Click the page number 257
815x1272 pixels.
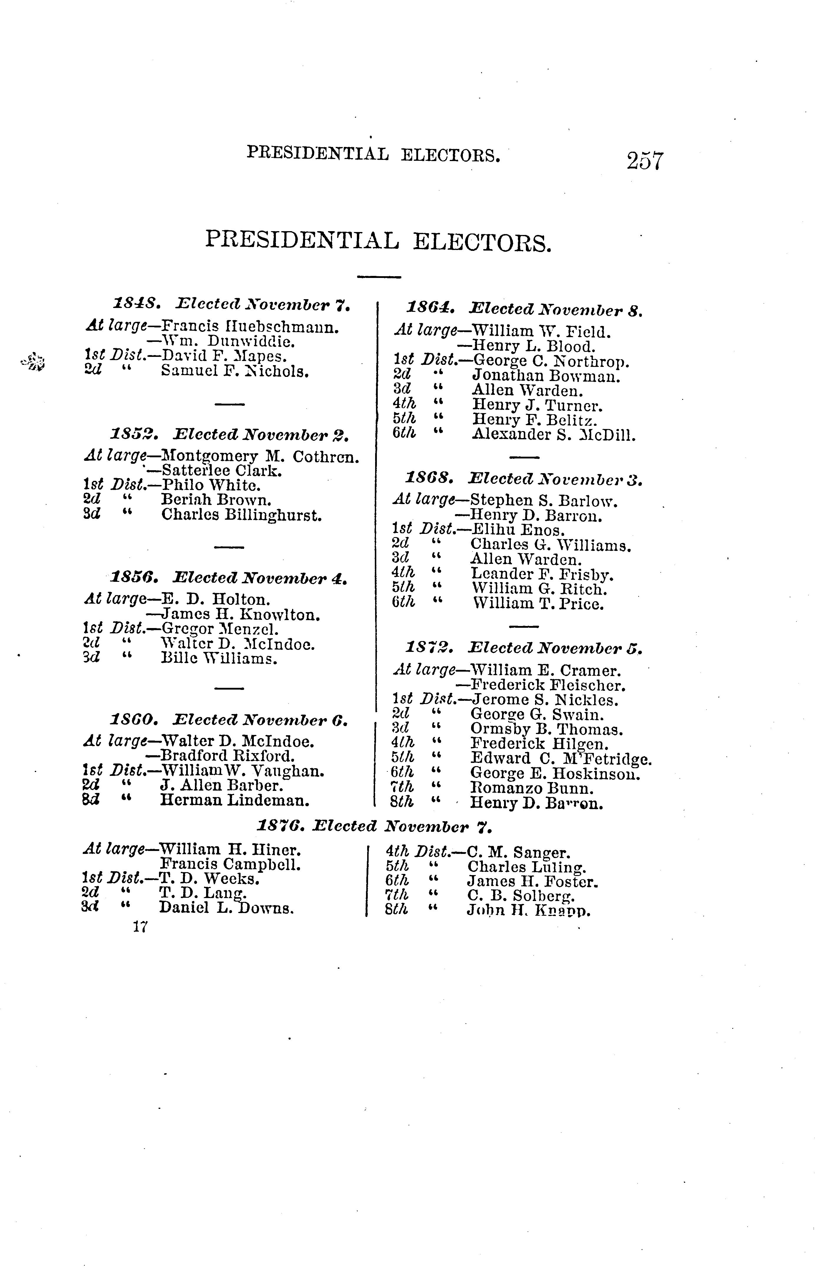point(645,160)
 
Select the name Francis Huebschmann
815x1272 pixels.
point(249,327)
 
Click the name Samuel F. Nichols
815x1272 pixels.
point(235,371)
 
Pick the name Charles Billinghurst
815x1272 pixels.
point(241,515)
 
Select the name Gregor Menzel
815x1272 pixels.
point(220,630)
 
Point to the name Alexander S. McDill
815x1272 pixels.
point(554,435)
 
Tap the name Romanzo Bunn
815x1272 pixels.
point(532,789)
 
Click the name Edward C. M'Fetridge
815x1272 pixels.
point(561,759)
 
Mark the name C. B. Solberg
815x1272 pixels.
point(521,896)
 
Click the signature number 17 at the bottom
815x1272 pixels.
point(140,927)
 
